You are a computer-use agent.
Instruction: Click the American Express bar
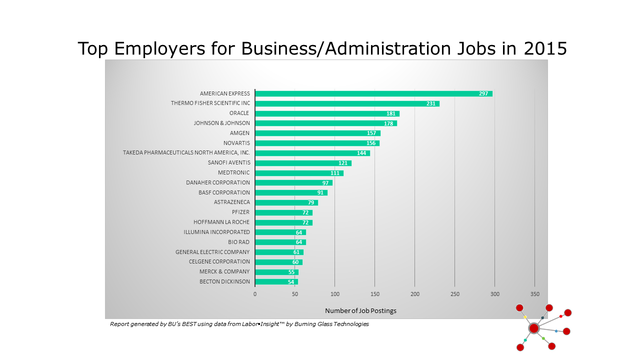tap(373, 93)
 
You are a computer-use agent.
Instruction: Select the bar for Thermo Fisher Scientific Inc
tap(347, 103)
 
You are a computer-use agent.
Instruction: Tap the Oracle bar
tap(327, 113)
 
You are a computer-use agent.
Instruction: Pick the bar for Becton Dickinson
tap(276, 282)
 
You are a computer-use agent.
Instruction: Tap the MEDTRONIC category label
tap(233, 172)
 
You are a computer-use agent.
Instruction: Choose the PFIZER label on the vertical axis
tap(240, 212)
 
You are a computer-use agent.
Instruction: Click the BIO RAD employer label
tap(238, 242)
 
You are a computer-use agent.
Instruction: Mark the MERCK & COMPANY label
tap(224, 271)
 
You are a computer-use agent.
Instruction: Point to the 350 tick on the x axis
tap(534, 294)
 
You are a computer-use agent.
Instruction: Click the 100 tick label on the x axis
tap(334, 294)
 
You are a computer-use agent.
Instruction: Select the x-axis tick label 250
tap(454, 294)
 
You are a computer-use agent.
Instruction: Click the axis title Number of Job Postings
tap(360, 311)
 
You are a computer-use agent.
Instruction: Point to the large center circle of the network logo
tap(534, 328)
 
